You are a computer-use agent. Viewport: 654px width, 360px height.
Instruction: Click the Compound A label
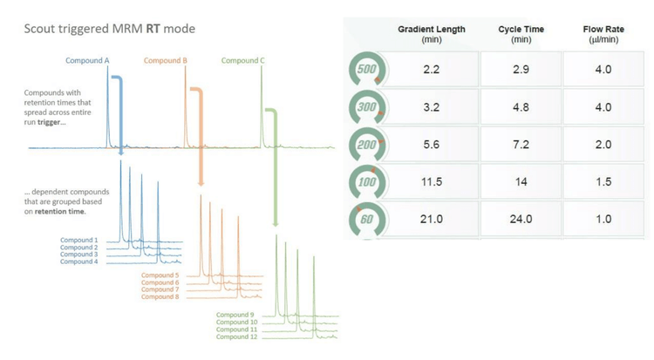pyautogui.click(x=88, y=61)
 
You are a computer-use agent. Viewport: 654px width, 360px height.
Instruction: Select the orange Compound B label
pyautogui.click(x=165, y=61)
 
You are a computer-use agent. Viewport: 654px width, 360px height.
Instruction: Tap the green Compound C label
pyautogui.click(x=243, y=61)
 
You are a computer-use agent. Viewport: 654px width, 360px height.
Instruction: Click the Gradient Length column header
pyautogui.click(x=431, y=34)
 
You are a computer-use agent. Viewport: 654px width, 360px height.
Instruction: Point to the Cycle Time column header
pyautogui.click(x=521, y=34)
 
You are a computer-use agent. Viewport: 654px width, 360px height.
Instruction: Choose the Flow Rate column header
pyautogui.click(x=603, y=34)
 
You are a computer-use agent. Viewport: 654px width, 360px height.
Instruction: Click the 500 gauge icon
pyautogui.click(x=366, y=70)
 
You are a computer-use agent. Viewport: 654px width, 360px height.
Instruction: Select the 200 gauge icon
pyautogui.click(x=366, y=145)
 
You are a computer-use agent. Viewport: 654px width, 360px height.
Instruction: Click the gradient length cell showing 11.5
pyautogui.click(x=431, y=181)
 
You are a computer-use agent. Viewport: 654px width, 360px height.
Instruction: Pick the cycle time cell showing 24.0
pyautogui.click(x=521, y=219)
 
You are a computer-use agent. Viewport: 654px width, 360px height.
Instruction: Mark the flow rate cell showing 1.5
pyautogui.click(x=603, y=181)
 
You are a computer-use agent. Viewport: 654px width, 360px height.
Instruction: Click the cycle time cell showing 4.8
pyautogui.click(x=521, y=107)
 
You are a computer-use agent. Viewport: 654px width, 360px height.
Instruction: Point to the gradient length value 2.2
pyautogui.click(x=431, y=70)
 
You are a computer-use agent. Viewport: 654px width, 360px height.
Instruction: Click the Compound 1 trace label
pyautogui.click(x=78, y=240)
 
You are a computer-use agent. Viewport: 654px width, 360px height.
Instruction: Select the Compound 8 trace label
pyautogui.click(x=160, y=297)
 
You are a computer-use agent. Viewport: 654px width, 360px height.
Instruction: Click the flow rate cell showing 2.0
pyautogui.click(x=603, y=145)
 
